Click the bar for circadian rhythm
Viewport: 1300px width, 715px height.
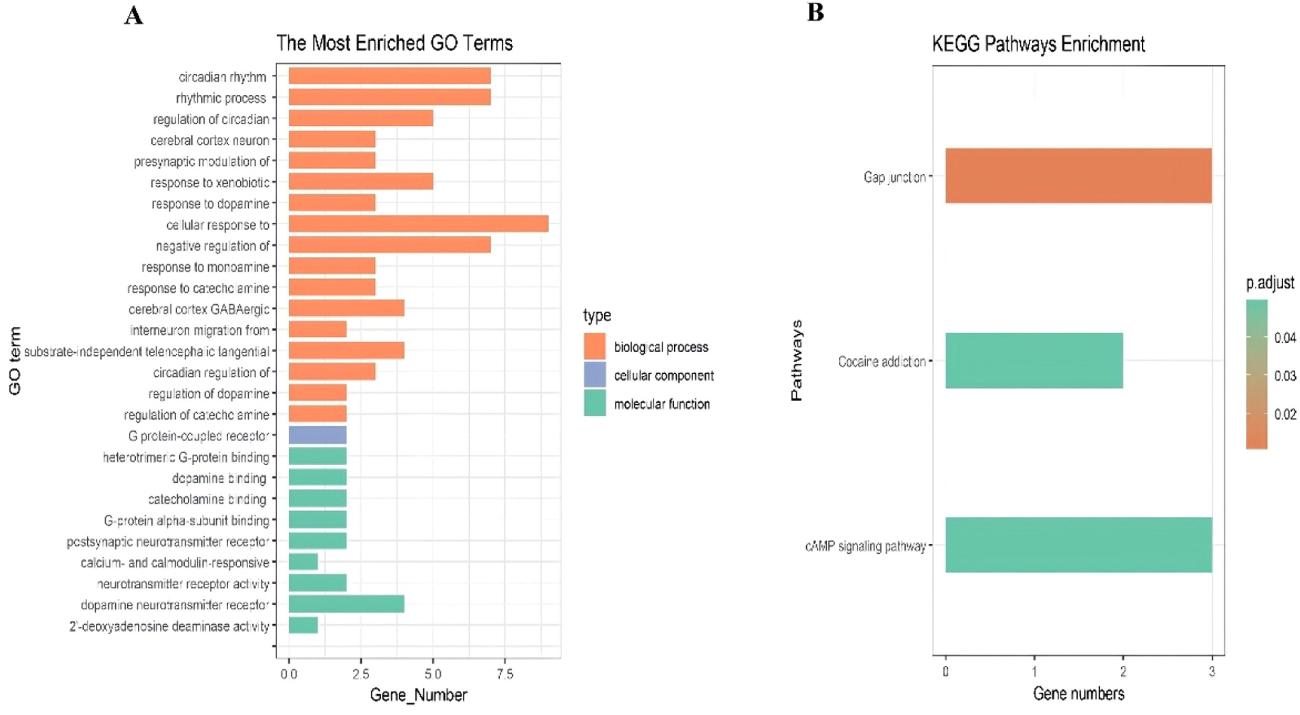(389, 76)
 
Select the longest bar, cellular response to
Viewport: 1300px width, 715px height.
(418, 224)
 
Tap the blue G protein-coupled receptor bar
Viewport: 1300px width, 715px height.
(318, 435)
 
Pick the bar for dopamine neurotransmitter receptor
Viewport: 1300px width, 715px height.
(346, 604)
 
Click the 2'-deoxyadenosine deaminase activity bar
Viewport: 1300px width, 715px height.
(303, 625)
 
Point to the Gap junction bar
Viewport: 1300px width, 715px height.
(1079, 176)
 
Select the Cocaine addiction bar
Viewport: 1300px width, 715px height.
(1034, 361)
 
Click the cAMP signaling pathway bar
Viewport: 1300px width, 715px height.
(1079, 545)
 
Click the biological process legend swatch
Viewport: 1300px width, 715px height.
(595, 346)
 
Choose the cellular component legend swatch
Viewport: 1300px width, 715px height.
(595, 375)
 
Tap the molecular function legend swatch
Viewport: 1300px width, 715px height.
(595, 403)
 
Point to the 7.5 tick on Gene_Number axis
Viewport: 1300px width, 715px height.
(505, 674)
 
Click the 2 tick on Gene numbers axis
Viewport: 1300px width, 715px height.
(1123, 672)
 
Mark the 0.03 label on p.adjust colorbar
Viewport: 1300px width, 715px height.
(1284, 376)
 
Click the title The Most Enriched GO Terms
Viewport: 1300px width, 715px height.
(394, 43)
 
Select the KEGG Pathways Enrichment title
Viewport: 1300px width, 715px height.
(1038, 44)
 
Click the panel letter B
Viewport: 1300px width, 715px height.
(816, 12)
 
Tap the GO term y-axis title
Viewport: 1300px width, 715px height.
(15, 361)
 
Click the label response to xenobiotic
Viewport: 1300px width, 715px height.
(210, 182)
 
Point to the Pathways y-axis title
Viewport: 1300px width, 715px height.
(797, 361)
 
